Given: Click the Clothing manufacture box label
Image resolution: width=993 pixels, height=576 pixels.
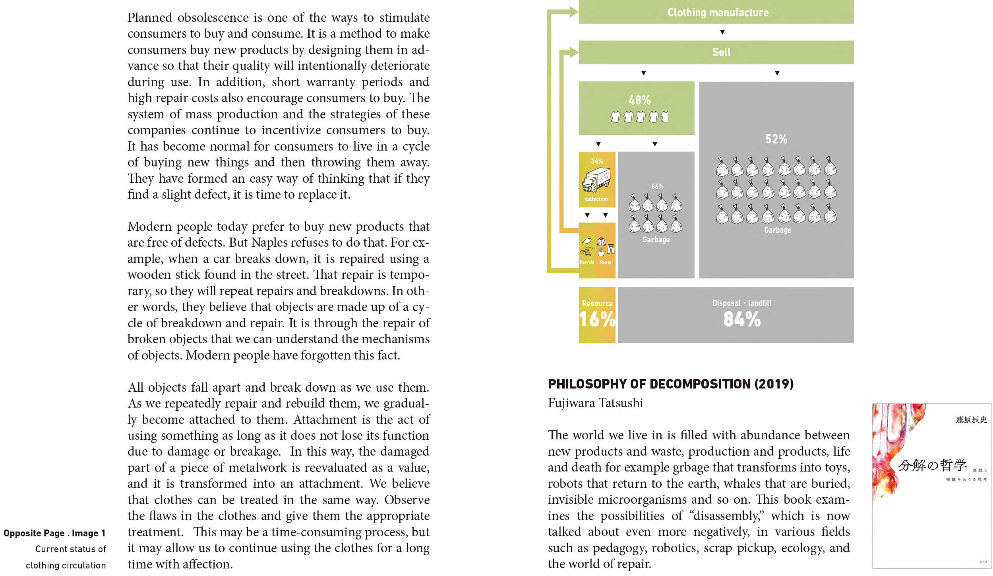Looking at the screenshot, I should [x=718, y=12].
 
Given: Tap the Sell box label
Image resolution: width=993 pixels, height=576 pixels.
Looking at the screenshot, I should [x=721, y=52].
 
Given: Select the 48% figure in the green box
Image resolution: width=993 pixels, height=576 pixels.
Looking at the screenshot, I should [x=639, y=100].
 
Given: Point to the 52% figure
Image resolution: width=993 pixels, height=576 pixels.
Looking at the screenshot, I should [x=776, y=139].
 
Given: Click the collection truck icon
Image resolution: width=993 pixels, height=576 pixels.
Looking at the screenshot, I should [x=596, y=180].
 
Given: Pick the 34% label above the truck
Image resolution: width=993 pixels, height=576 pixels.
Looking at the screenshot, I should [x=597, y=161].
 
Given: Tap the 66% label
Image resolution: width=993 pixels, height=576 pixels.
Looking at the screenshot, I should [x=657, y=186].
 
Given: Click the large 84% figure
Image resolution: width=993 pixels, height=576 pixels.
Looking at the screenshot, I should [x=741, y=319].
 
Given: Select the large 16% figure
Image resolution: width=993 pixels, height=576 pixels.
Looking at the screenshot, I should [x=597, y=319].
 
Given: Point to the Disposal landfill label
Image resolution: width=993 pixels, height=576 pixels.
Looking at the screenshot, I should [x=741, y=303].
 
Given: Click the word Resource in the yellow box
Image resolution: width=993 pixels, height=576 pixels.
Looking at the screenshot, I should [x=597, y=303].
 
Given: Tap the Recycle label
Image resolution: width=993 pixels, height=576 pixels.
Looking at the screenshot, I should [x=587, y=262].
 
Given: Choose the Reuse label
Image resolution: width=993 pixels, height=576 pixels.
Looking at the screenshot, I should [x=606, y=262].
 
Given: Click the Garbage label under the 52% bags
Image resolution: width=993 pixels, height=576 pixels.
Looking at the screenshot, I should [x=778, y=230].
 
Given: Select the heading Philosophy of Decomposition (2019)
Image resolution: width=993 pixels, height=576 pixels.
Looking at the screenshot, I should [x=671, y=384].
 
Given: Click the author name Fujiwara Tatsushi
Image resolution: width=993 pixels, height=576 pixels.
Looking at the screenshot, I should [x=595, y=403].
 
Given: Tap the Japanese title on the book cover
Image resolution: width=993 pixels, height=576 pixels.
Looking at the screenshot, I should [x=932, y=465].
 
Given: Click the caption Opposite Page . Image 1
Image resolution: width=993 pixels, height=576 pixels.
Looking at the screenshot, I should [x=54, y=533].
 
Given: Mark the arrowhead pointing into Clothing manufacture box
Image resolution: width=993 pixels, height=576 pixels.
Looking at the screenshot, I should [x=574, y=12].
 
